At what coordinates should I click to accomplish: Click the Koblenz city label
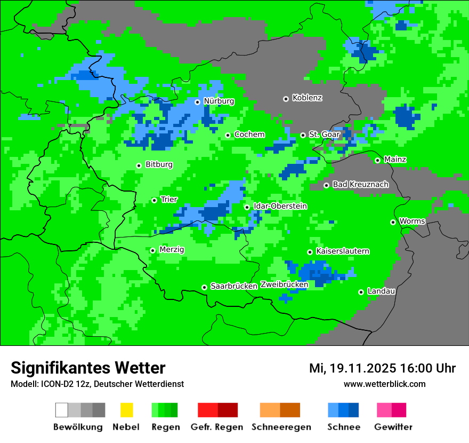click(x=307, y=98)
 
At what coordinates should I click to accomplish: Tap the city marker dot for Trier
click(x=154, y=200)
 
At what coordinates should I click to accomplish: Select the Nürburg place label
click(x=219, y=101)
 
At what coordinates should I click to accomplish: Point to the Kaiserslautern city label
click(x=342, y=251)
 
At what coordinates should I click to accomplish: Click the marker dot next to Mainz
click(x=377, y=160)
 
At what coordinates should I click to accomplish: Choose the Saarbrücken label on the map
click(x=234, y=287)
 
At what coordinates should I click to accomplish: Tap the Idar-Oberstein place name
click(x=280, y=207)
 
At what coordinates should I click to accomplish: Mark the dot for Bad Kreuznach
click(x=326, y=185)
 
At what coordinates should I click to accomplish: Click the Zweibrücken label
click(x=284, y=285)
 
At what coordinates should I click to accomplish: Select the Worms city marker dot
click(x=393, y=222)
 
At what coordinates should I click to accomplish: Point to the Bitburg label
click(x=159, y=165)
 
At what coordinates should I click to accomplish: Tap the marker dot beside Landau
click(x=361, y=292)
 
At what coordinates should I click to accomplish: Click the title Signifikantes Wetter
click(x=88, y=368)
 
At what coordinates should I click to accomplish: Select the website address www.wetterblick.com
click(x=384, y=384)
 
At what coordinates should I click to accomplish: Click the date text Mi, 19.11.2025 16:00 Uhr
click(x=382, y=368)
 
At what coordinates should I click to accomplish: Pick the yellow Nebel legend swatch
click(x=126, y=410)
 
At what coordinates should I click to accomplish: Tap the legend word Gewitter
click(x=393, y=427)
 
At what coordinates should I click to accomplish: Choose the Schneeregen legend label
click(x=280, y=427)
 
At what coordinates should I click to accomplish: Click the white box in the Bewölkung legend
click(x=62, y=410)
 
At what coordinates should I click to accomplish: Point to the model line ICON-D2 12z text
click(x=97, y=384)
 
